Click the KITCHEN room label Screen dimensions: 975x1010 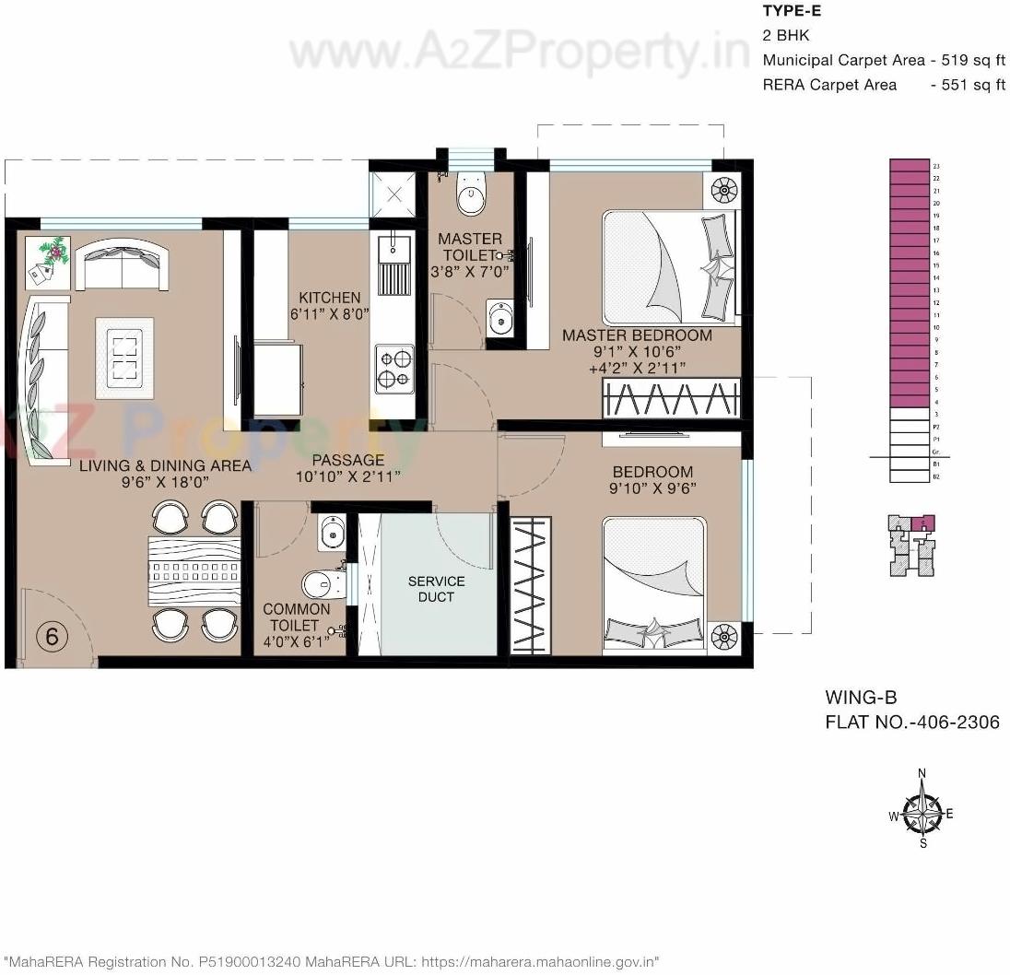329,298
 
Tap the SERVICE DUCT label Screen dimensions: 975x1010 436,589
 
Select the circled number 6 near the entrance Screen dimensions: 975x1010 52,636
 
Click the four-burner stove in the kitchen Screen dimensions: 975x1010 394,368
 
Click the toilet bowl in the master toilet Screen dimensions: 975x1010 471,196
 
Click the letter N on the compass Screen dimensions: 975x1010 922,773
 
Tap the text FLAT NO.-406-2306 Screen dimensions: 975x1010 912,722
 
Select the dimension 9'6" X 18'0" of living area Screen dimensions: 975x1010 164,482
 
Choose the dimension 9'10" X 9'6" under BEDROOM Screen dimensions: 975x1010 652,488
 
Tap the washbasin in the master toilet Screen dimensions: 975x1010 500,319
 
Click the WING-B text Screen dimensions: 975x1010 861,698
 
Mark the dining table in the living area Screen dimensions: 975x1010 194,571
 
